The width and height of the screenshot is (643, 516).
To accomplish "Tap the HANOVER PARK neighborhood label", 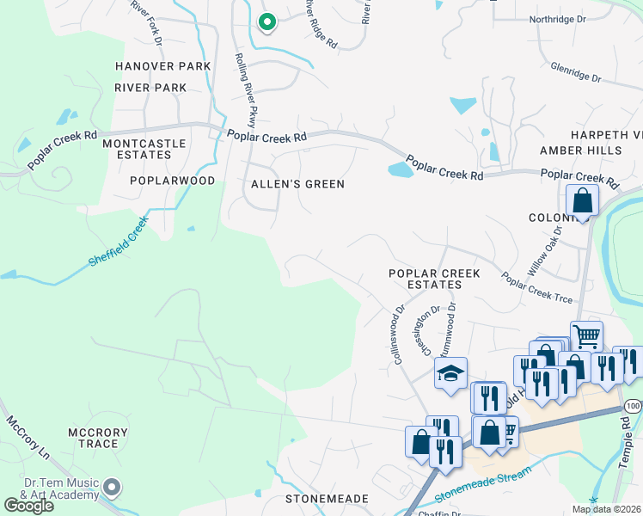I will pyautogui.click(x=162, y=66).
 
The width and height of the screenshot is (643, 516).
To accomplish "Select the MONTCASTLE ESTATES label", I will pyautogui.click(x=138, y=149).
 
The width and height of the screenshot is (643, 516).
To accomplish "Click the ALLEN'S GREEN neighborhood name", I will pyautogui.click(x=297, y=184).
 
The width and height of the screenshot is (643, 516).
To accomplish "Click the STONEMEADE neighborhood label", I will pyautogui.click(x=327, y=499).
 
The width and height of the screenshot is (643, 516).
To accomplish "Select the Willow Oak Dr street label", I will pyautogui.click(x=545, y=249).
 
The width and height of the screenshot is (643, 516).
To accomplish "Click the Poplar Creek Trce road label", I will pyautogui.click(x=537, y=288).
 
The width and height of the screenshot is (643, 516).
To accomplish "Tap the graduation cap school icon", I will pyautogui.click(x=450, y=374).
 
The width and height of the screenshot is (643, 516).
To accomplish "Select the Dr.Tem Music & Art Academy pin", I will pyautogui.click(x=111, y=488).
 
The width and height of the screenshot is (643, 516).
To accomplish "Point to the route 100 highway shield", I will pyautogui.click(x=634, y=405).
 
